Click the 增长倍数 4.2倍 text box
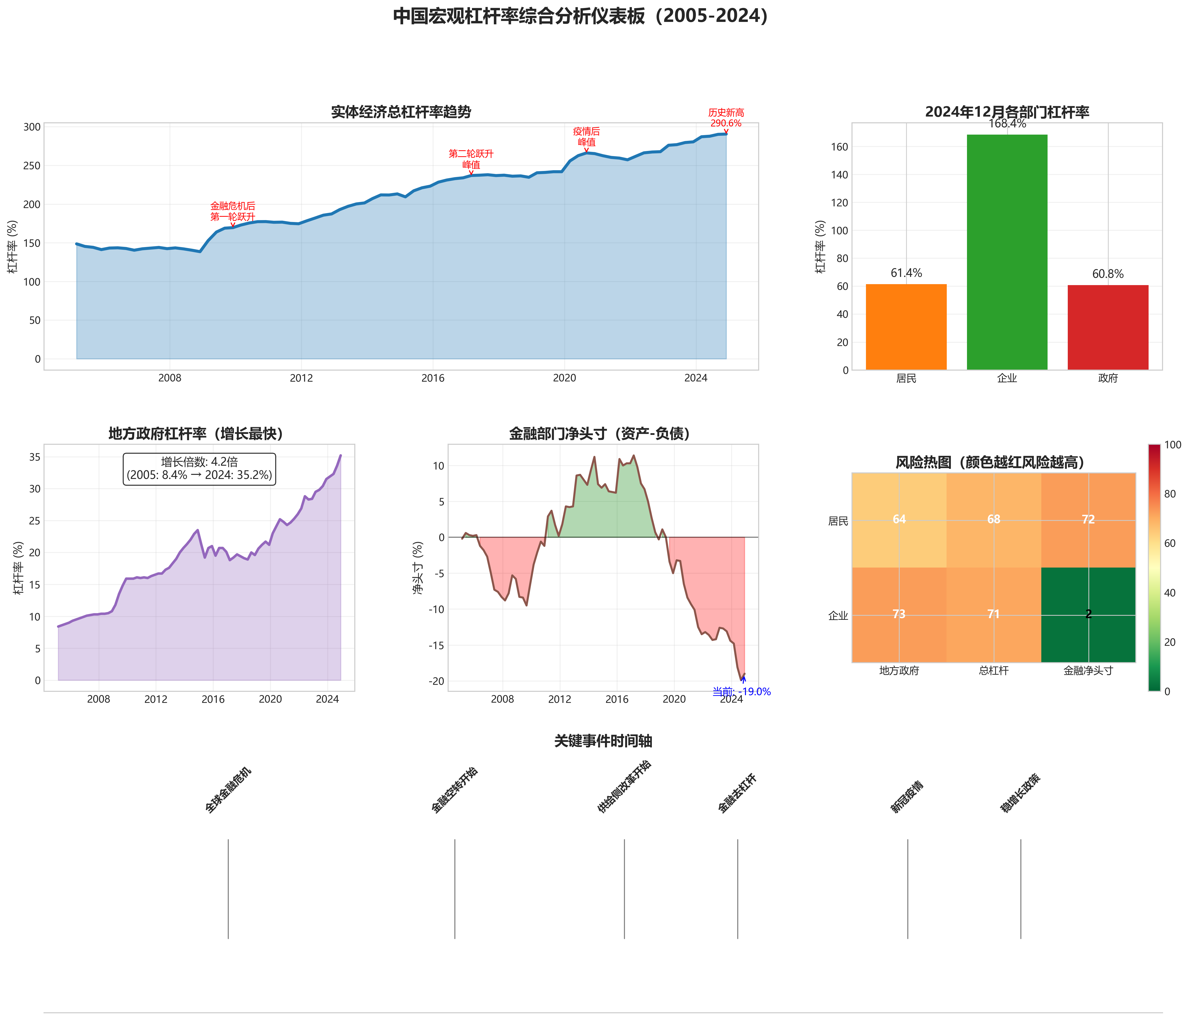[199, 469]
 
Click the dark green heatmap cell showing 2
[1088, 615]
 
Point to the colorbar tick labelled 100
[1173, 445]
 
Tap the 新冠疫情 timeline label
[907, 797]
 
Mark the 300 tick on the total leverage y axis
[32, 127]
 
